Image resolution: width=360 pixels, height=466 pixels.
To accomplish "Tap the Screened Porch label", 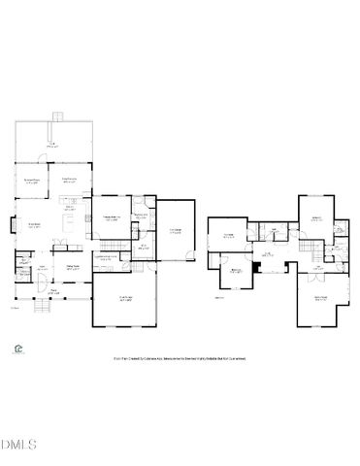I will pos(33,181).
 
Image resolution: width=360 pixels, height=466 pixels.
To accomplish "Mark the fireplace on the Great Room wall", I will pos(13,227).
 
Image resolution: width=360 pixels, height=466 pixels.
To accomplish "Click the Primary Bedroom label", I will pos(112,218).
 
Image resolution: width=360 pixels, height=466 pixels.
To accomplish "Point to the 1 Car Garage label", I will pos(176,231).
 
